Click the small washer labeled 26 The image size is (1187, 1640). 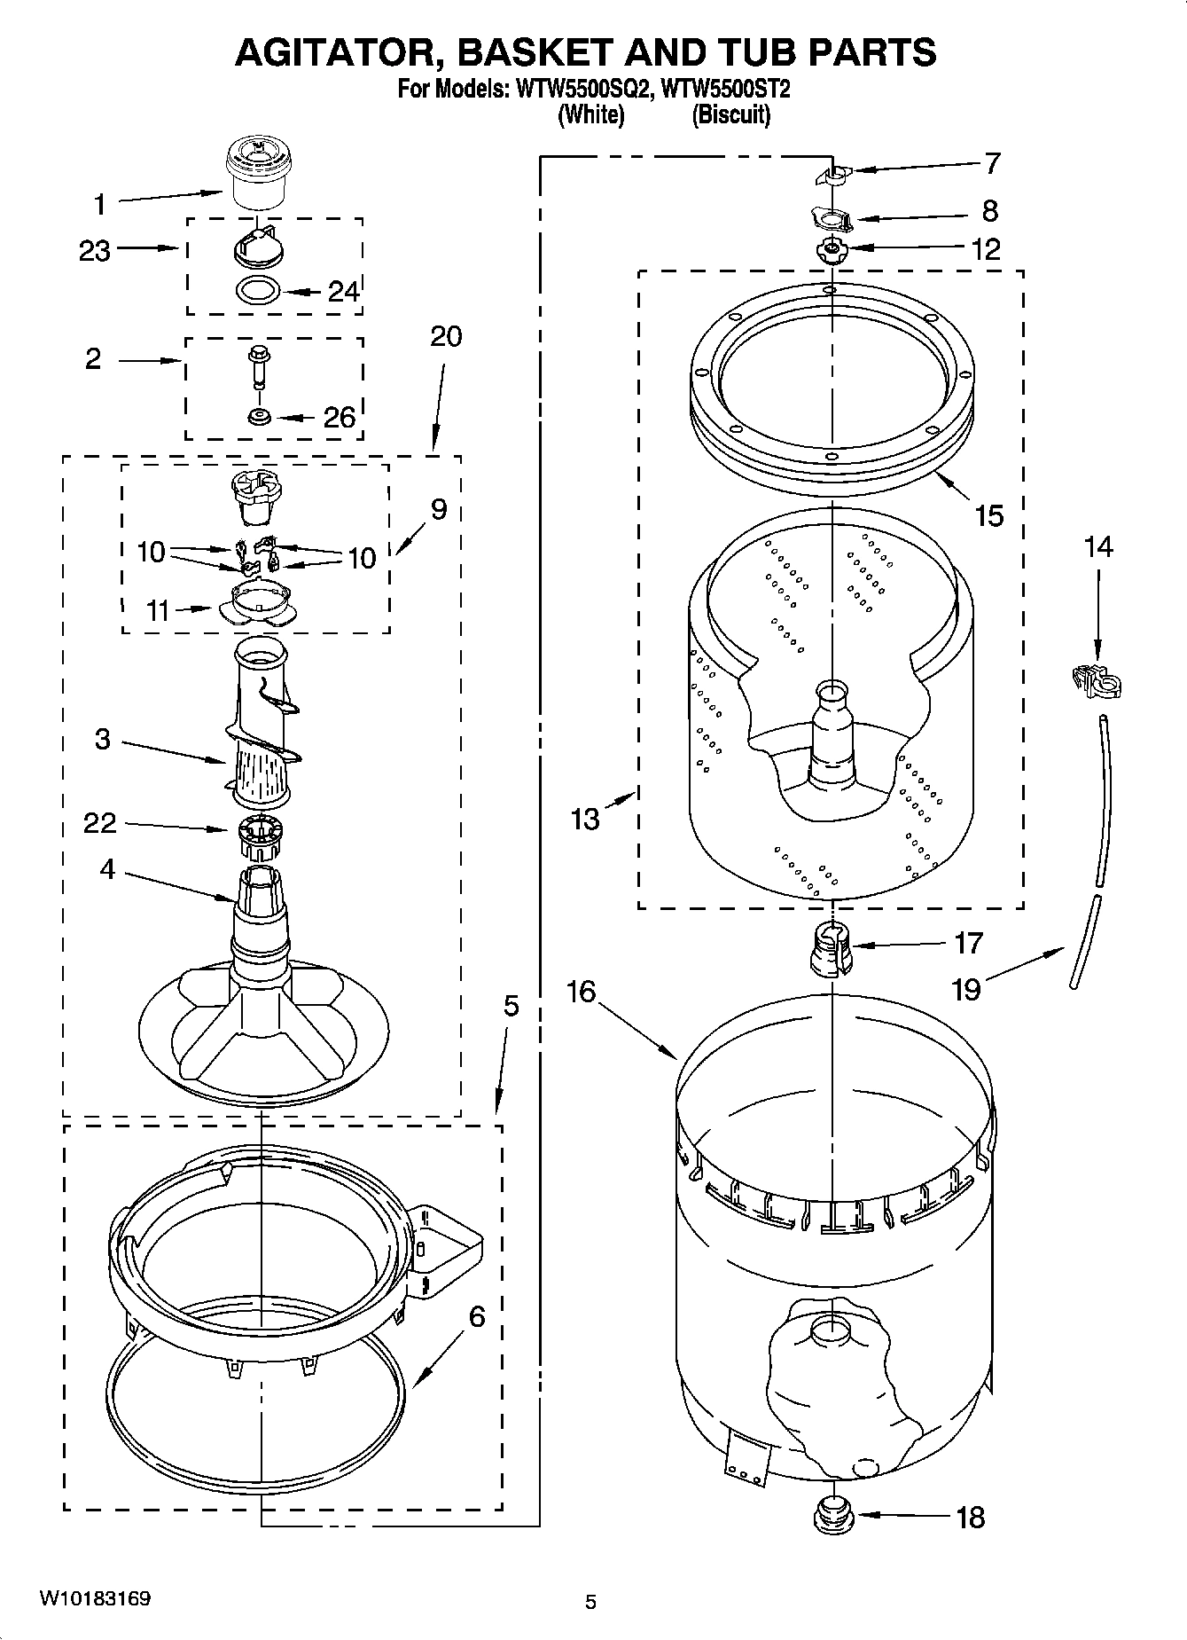(259, 416)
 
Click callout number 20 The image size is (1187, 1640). (446, 337)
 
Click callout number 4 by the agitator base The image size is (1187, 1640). (106, 869)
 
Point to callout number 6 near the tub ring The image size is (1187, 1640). (477, 1317)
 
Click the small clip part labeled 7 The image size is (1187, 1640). (831, 174)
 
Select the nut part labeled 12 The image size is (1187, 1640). (831, 251)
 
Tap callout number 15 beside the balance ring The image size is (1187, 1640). (988, 515)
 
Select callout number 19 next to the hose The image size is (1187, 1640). (965, 988)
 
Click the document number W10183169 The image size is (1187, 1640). (93, 1599)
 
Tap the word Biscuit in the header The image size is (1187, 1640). (730, 114)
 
